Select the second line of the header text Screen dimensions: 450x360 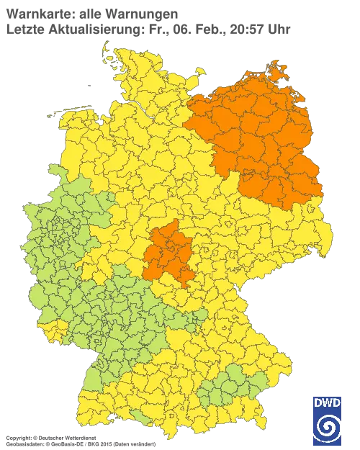coord(148,29)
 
